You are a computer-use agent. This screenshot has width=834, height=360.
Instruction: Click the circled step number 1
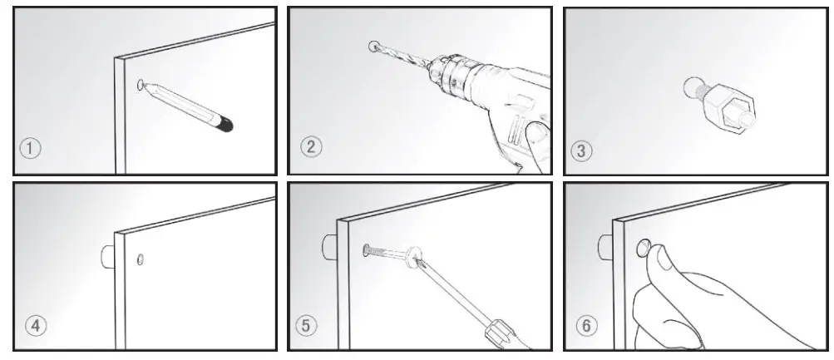[31, 150]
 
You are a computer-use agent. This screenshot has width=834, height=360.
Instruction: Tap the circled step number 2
[310, 148]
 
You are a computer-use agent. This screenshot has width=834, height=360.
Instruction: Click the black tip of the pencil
[225, 126]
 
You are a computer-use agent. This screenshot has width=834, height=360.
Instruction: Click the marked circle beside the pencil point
[141, 84]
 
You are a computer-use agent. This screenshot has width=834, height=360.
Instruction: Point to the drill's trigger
[520, 133]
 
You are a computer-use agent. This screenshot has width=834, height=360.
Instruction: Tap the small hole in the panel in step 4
[141, 259]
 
